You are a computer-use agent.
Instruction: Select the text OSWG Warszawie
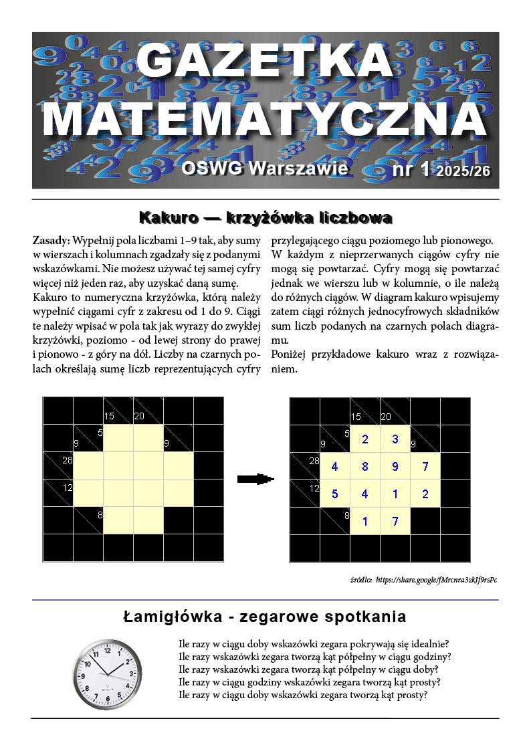click(x=265, y=168)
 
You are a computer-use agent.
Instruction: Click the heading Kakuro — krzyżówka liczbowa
click(x=265, y=217)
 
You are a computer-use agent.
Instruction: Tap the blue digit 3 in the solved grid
click(x=395, y=439)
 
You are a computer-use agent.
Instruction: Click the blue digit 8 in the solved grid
click(x=364, y=466)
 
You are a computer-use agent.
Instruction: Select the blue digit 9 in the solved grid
click(x=395, y=466)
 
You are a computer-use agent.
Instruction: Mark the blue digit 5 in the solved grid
click(x=334, y=494)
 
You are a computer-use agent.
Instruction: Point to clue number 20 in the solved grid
click(x=386, y=417)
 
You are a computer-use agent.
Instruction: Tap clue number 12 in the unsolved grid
click(x=67, y=488)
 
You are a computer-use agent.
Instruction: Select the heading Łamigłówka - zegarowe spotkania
click(x=265, y=616)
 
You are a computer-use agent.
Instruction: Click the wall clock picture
click(x=107, y=673)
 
